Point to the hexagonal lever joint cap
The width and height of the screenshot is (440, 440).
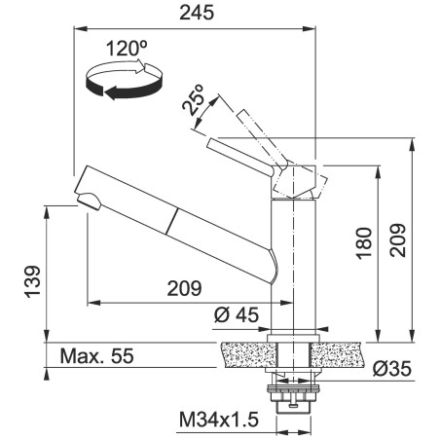pyautogui.click(x=297, y=180)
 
